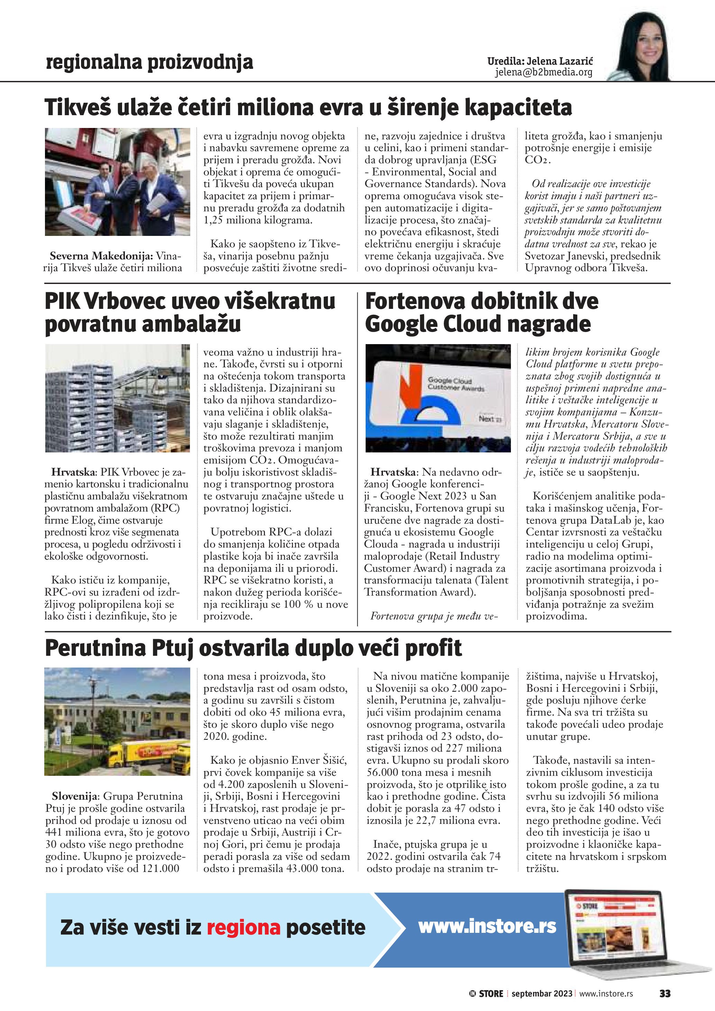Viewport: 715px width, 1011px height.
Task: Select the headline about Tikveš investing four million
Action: (308, 108)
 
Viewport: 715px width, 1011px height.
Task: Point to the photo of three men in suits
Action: (118, 182)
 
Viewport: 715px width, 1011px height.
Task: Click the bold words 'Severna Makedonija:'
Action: (101, 256)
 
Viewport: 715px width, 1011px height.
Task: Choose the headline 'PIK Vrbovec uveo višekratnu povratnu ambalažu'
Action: (189, 313)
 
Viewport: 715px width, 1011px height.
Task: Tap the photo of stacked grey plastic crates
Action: (118, 398)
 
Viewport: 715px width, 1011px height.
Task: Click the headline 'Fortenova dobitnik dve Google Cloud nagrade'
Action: (481, 313)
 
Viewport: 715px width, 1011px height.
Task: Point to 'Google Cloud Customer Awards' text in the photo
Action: (456, 384)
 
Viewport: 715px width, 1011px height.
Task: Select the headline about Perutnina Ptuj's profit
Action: (253, 648)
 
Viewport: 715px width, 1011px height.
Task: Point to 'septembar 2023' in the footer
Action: (542, 993)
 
